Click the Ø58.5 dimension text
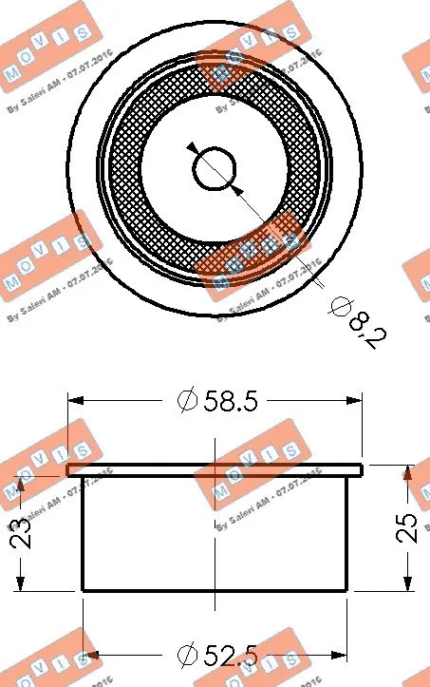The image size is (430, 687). [217, 401]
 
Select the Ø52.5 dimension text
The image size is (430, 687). [217, 655]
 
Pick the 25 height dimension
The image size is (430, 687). [407, 527]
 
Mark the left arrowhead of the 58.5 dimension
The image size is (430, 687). [76, 401]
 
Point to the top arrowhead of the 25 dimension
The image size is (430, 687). [408, 472]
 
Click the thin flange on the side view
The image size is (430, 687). [215, 468]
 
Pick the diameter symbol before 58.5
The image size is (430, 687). [186, 401]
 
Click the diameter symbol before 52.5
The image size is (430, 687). [186, 655]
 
